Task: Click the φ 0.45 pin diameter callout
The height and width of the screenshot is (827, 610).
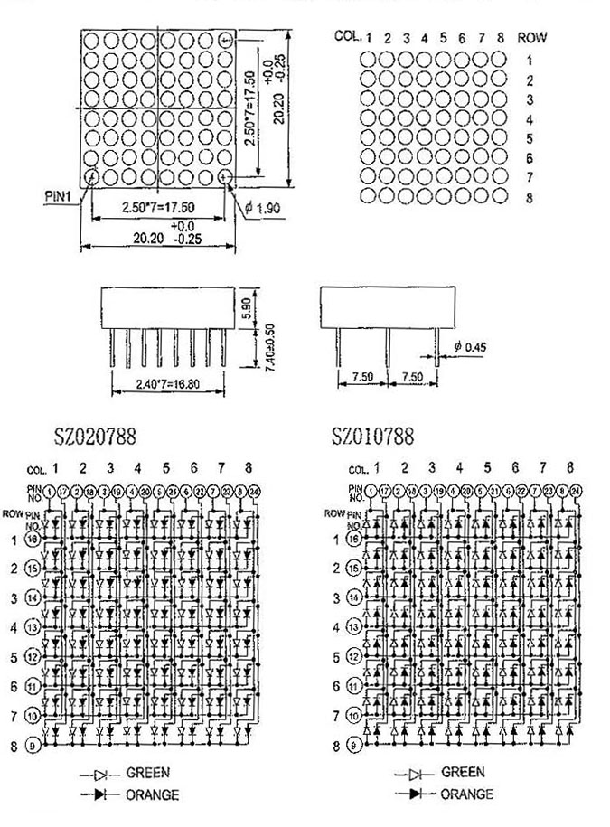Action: pos(471,347)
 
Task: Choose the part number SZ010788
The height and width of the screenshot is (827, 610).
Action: pos(373,437)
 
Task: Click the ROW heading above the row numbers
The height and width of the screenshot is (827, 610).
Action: pos(532,38)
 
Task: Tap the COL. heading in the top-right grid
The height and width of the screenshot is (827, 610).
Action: pos(348,36)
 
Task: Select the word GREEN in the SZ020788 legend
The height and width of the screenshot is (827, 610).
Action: pos(147,773)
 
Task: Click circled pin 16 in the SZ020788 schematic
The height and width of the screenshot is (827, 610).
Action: pos(56,540)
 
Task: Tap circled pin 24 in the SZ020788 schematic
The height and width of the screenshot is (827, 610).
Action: pos(255,491)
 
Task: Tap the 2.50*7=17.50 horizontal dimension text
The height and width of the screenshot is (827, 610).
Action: pos(158,207)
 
